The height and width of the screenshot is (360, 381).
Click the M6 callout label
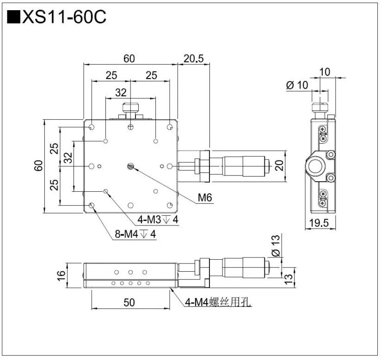pyautogui.click(x=205, y=198)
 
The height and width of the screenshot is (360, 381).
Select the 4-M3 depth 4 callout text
pyautogui.click(x=159, y=220)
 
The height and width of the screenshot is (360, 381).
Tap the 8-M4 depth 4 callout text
pyautogui.click(x=135, y=235)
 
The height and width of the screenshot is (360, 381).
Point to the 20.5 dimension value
pyautogui.click(x=193, y=59)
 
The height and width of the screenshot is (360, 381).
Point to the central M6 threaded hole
pyautogui.click(x=131, y=166)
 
